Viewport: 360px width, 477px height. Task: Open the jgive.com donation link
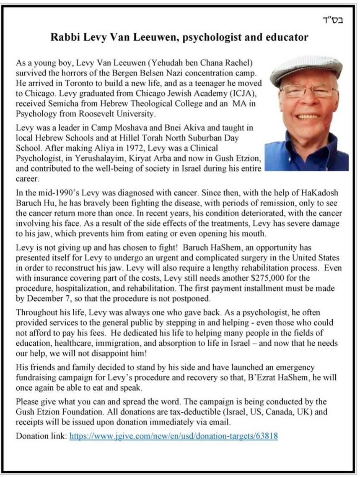coord(174,435)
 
